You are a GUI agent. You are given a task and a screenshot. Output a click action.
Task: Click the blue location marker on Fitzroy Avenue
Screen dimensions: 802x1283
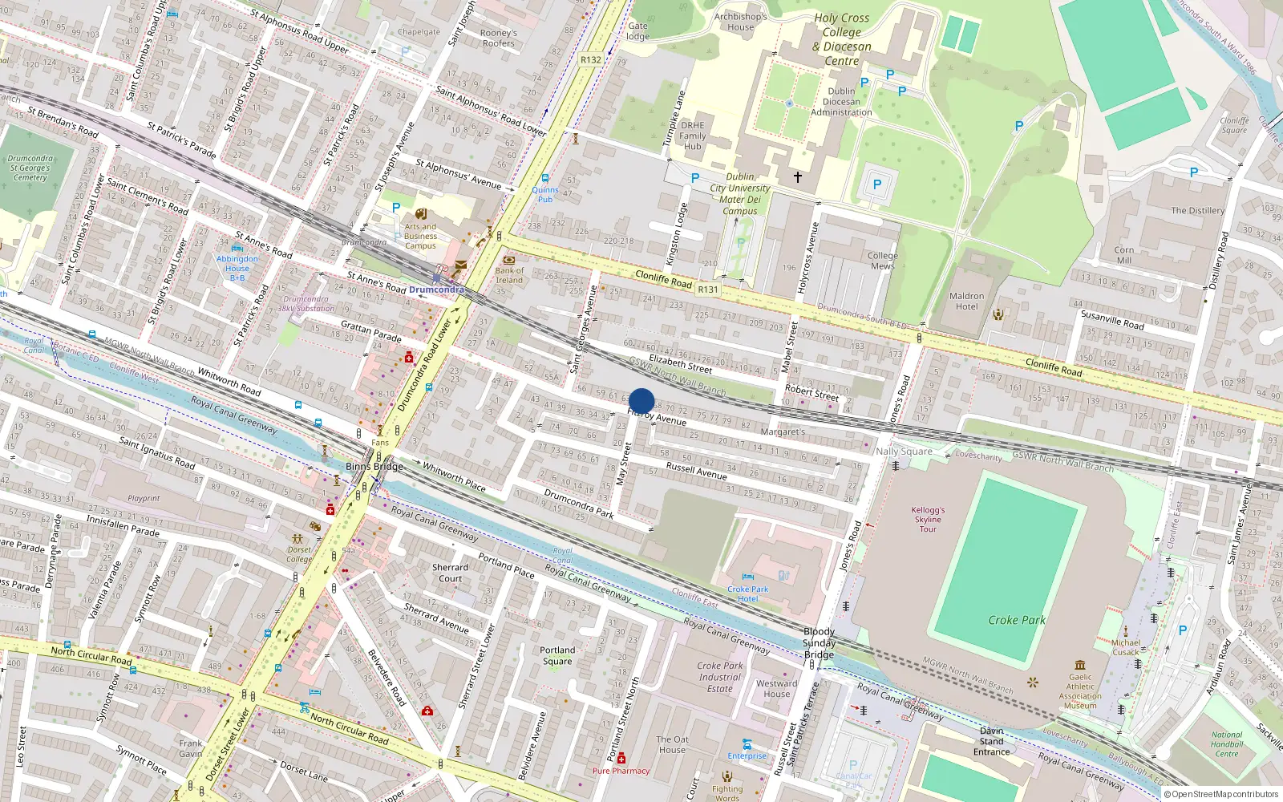[641, 401]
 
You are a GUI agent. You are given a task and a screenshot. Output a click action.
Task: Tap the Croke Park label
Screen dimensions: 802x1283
[1016, 620]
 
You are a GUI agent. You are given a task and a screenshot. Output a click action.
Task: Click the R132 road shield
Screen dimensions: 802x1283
[591, 59]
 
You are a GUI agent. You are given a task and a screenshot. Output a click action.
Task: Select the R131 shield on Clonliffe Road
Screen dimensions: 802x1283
[708, 290]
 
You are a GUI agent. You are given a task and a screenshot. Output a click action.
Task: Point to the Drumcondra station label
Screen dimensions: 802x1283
[436, 290]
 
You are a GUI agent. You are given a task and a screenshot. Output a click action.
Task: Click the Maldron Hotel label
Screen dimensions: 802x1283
[966, 302]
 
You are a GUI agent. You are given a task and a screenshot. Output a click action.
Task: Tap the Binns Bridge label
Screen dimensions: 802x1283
[374, 467]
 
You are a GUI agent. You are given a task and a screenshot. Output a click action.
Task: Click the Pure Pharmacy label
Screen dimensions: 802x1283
[621, 771]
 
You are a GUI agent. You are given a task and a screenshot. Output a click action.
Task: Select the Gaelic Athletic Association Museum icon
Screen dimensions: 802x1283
[1080, 665]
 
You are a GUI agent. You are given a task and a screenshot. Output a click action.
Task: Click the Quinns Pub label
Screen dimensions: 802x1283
[545, 194]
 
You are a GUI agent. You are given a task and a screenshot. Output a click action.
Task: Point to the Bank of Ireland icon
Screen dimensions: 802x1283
[508, 260]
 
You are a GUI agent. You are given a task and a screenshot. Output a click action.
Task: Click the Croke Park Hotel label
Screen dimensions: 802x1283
[747, 593]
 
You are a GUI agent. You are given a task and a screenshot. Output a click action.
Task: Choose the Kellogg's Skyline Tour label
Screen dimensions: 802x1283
[928, 519]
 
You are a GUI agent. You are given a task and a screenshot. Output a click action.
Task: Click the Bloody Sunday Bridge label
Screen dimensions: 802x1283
[819, 643]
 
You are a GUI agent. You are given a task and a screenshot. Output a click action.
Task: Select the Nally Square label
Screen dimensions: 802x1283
[904, 452]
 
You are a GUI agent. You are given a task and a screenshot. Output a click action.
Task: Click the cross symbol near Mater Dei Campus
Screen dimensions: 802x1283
[798, 176]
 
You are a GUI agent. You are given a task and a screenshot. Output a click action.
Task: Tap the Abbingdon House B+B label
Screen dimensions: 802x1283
[237, 268]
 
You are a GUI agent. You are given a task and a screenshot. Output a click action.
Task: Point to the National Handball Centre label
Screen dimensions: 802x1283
[1226, 744]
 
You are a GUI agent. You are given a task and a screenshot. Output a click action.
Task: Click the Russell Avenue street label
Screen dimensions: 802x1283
[696, 471]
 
